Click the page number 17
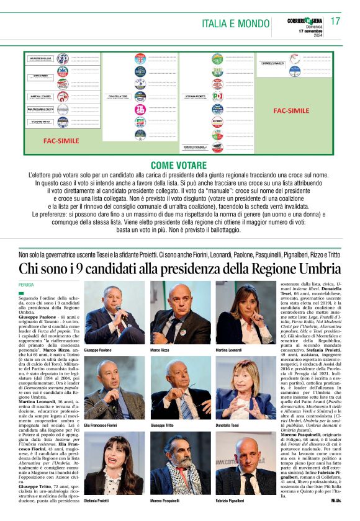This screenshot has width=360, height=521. click(335, 21)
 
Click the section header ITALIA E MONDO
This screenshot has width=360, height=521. click(236, 24)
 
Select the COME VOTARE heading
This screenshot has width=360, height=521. click(180, 166)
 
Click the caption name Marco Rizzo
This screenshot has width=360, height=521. click(162, 350)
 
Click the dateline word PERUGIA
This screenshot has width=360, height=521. click(28, 284)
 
